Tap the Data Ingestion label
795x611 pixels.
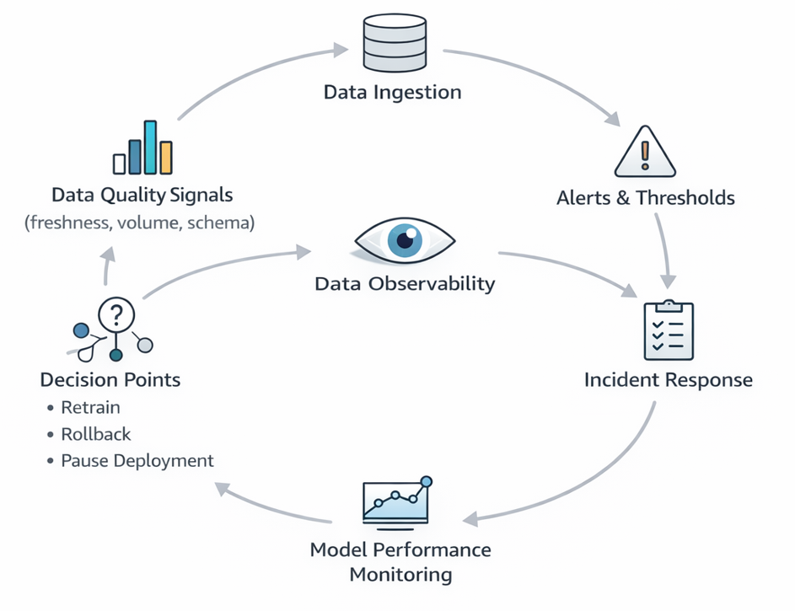(x=393, y=92)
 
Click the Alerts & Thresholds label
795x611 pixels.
(x=646, y=199)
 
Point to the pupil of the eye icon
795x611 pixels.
(x=405, y=241)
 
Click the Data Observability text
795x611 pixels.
(x=405, y=283)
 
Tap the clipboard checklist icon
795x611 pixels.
(x=668, y=331)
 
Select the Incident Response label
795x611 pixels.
(x=668, y=380)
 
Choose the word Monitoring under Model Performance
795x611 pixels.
(x=400, y=576)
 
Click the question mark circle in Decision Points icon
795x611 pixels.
(x=116, y=314)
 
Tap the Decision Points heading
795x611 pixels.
(x=110, y=380)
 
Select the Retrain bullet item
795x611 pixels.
(x=90, y=408)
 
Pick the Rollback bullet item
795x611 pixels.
(x=96, y=435)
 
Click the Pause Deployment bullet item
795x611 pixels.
(x=137, y=461)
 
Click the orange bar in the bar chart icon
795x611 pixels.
(x=166, y=158)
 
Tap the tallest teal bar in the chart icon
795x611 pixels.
(x=151, y=147)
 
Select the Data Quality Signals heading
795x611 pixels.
(x=142, y=196)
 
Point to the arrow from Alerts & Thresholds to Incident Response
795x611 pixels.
(x=666, y=249)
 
